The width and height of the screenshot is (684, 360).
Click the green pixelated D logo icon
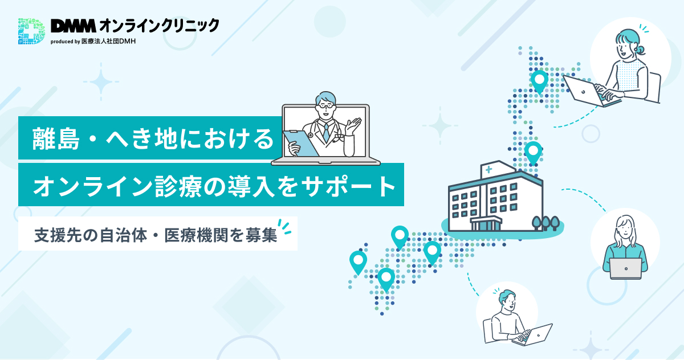(x=31, y=31)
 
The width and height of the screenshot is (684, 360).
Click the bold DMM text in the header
(x=74, y=26)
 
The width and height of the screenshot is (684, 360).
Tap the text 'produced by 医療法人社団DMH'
(x=93, y=41)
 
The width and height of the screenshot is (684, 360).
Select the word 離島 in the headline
(x=56, y=139)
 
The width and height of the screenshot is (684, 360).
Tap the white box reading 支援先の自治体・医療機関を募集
(x=157, y=234)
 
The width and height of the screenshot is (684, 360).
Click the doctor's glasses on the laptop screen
(x=326, y=106)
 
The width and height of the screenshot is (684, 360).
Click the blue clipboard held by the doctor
(x=301, y=144)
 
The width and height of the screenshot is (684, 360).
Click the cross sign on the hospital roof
(x=489, y=169)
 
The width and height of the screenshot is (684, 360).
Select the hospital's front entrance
(x=486, y=224)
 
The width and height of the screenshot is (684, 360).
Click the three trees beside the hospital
(x=545, y=223)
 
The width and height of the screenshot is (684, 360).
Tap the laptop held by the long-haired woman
(x=626, y=268)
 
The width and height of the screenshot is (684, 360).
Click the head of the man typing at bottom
(x=507, y=301)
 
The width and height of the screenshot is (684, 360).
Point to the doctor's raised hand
(x=353, y=126)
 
